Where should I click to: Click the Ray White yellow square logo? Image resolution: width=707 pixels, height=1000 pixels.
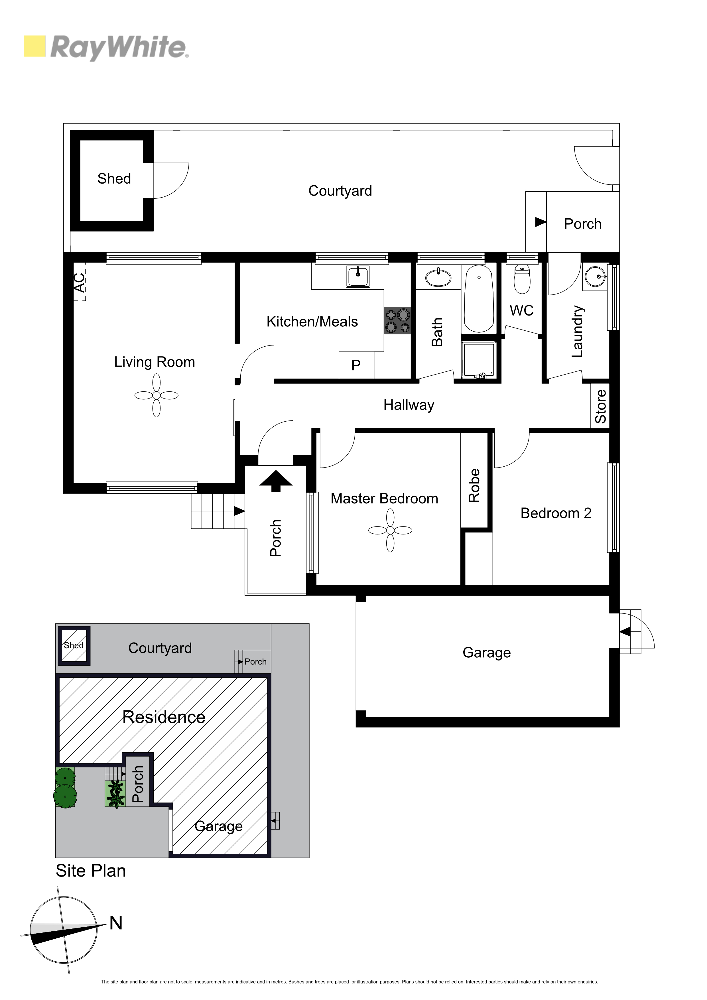(34, 46)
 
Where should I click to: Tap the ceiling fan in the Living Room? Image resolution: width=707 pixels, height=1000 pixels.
(157, 395)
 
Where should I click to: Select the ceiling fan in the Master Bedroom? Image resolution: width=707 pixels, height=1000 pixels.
(390, 530)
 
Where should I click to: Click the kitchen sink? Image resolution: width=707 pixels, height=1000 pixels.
(358, 276)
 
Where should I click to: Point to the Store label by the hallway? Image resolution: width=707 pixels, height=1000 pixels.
(601, 406)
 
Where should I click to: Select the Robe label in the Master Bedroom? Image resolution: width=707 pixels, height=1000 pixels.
(474, 486)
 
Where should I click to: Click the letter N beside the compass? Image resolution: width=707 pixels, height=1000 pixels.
(116, 923)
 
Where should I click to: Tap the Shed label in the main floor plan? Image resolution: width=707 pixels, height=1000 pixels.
(114, 178)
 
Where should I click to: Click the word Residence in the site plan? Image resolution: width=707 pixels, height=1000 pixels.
(164, 717)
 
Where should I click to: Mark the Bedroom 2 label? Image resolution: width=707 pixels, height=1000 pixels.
(556, 513)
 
